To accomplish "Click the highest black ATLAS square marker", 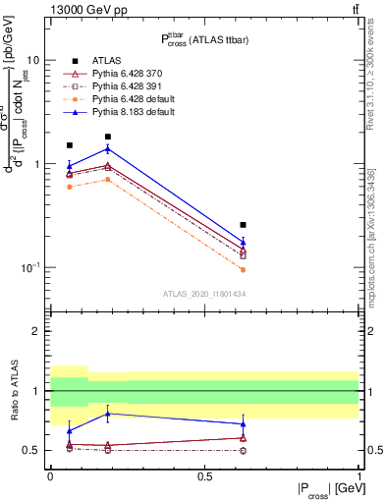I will tap(107, 137).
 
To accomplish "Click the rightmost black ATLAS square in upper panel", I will tap(244, 225).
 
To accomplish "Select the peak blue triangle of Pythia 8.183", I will tap(107, 148).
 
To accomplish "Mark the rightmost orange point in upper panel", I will tap(244, 269).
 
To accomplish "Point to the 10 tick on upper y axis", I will tap(33, 60).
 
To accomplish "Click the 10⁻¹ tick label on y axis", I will tap(30, 267).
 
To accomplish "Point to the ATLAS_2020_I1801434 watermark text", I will tap(202, 294).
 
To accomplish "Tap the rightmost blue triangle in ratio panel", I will tap(244, 423).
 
